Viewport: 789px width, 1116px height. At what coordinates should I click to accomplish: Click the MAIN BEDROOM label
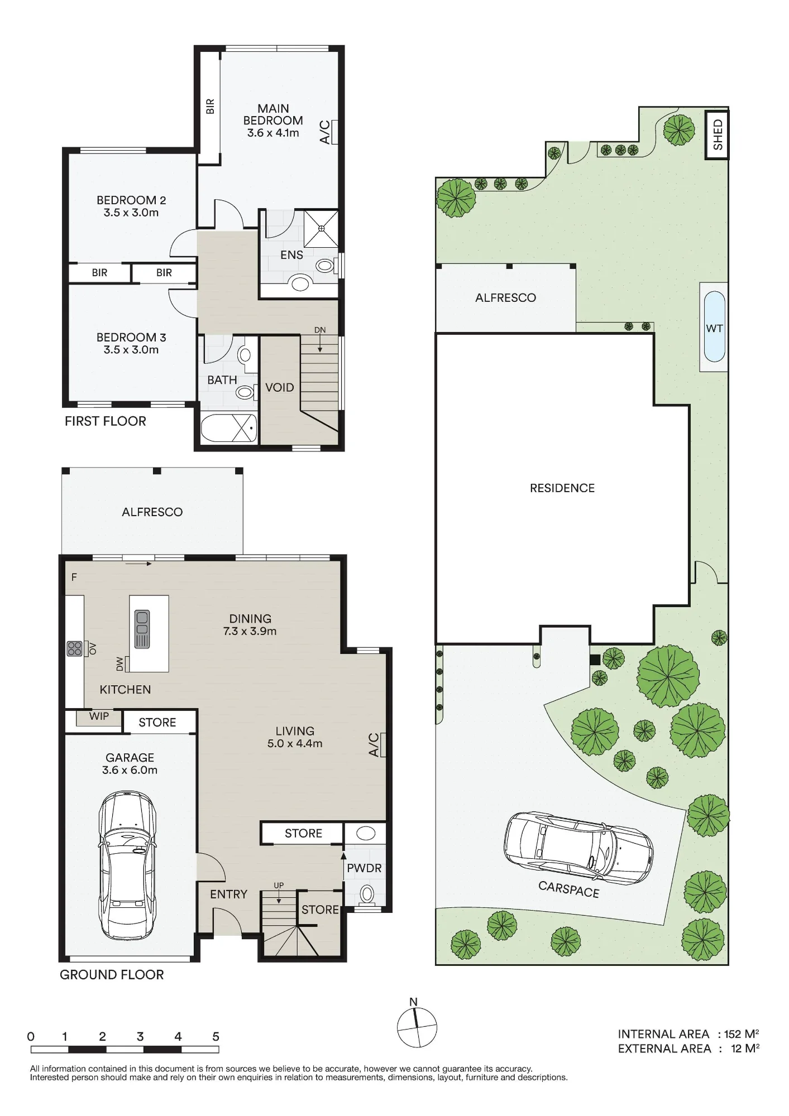(x=273, y=114)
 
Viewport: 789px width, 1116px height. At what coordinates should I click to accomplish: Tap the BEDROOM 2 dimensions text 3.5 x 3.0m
(x=131, y=213)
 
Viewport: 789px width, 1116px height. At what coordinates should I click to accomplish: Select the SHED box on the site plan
(x=717, y=134)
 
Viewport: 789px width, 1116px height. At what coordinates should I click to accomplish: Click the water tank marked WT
(x=714, y=328)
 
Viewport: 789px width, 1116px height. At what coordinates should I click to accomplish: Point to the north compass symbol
(x=417, y=1026)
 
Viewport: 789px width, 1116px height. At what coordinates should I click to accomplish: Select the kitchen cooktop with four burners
(x=75, y=648)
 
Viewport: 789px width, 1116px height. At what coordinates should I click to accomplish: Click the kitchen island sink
(x=142, y=629)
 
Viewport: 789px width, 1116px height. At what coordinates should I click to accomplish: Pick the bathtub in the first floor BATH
(x=229, y=428)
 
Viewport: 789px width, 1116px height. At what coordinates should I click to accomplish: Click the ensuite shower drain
(x=322, y=228)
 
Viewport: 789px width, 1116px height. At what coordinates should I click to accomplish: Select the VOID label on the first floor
(x=280, y=387)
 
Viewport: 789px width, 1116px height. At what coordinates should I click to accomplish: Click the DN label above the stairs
(x=320, y=330)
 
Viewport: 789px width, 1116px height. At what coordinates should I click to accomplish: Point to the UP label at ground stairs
(x=279, y=886)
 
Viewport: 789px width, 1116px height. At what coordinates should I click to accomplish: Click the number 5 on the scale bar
(x=216, y=1037)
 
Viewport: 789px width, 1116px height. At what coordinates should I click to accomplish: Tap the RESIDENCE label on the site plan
(x=562, y=488)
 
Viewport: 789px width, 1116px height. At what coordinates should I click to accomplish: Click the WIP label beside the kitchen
(x=99, y=716)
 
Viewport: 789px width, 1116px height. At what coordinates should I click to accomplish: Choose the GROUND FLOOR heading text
(x=112, y=975)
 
